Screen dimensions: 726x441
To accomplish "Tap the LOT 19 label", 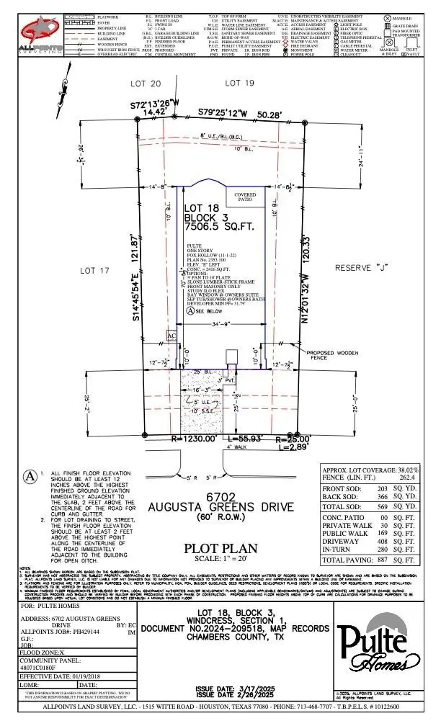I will (x=240, y=84).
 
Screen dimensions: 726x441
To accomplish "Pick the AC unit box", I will (x=171, y=336).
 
